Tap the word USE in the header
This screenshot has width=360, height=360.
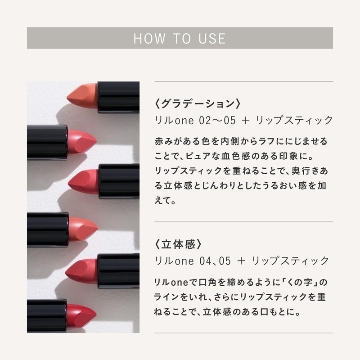pyautogui.click(x=211, y=38)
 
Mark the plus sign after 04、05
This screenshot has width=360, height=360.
pyautogui.click(x=242, y=261)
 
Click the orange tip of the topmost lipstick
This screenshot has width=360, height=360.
pyautogui.click(x=81, y=93)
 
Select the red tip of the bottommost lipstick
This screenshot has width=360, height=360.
pyautogui.click(x=81, y=312)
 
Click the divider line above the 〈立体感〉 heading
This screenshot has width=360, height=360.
pyautogui.click(x=243, y=221)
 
